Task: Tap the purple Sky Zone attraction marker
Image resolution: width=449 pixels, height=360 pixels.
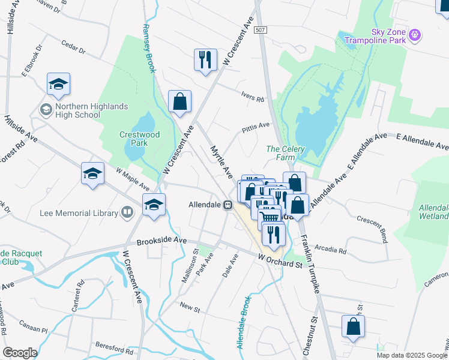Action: [x=414, y=37]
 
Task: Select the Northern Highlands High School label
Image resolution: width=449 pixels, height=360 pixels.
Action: [x=91, y=110]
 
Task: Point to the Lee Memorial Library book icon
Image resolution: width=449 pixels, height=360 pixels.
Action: [x=127, y=212]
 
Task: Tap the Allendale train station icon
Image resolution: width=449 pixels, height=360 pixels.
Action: [x=228, y=205]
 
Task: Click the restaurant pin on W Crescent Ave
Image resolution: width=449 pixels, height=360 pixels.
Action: [x=205, y=59]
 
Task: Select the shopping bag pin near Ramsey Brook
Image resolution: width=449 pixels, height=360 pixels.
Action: [x=179, y=101]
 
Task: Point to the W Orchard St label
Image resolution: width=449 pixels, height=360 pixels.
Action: [x=280, y=261]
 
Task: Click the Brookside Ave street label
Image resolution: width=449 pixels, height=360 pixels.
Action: [x=161, y=241]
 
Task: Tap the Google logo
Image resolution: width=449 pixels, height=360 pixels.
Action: [x=19, y=353]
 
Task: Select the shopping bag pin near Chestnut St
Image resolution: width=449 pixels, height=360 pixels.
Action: [x=353, y=327]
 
